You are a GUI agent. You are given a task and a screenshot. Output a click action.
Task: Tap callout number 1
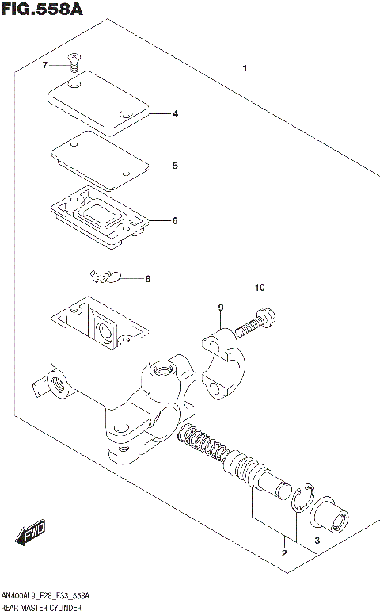click(x=245, y=68)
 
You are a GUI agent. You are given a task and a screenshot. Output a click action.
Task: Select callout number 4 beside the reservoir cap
click(x=175, y=113)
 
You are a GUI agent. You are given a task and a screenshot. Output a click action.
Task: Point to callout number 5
click(x=175, y=166)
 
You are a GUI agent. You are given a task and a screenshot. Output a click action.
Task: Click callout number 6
click(x=175, y=220)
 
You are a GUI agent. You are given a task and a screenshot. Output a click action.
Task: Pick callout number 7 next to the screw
click(x=45, y=65)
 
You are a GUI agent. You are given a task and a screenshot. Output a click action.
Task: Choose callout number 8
click(x=146, y=278)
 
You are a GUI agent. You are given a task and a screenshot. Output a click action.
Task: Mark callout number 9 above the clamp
click(x=222, y=307)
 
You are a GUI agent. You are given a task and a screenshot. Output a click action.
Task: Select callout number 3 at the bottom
click(x=317, y=541)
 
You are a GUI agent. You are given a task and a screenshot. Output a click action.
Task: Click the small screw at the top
click(x=74, y=59)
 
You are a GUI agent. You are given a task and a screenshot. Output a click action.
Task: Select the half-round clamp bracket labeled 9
click(x=226, y=361)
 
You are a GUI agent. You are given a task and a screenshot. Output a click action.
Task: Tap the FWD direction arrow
click(x=32, y=535)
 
